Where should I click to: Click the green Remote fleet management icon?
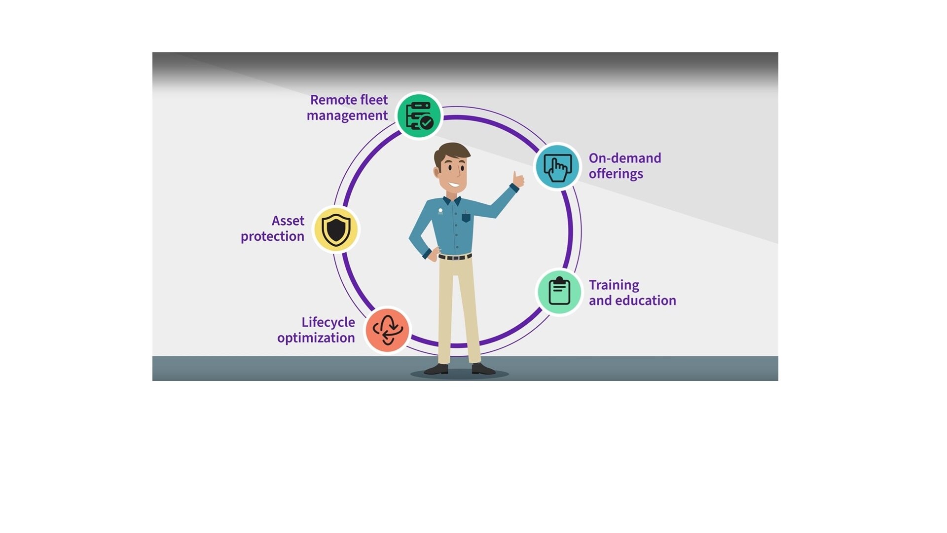(x=419, y=116)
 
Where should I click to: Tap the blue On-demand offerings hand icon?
(x=557, y=167)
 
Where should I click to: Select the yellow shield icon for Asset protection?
(x=336, y=229)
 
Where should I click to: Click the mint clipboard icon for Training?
(x=559, y=292)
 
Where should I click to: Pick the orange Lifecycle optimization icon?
(x=387, y=330)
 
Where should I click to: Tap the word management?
(x=347, y=115)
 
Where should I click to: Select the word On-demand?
(x=624, y=158)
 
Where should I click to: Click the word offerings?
(x=616, y=174)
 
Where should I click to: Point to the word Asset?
(x=288, y=221)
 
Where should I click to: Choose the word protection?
(x=272, y=236)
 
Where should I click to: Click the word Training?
(x=614, y=285)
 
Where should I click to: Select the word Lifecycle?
(x=328, y=322)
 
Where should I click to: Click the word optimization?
(x=316, y=338)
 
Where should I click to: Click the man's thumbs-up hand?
(x=517, y=179)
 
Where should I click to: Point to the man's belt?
(x=455, y=257)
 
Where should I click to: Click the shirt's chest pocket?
(x=466, y=217)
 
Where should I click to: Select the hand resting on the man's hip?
(x=433, y=254)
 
